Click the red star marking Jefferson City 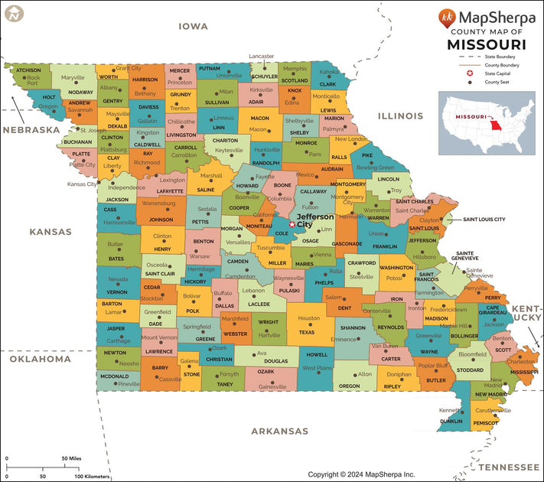tap(292, 224)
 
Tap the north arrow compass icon tap(13, 13)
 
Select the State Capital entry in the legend tap(499, 73)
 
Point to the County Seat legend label tap(497, 82)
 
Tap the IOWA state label tap(193, 27)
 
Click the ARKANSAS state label tap(280, 431)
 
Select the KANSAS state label tap(50, 231)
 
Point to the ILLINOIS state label tap(399, 116)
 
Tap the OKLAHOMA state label tap(40, 359)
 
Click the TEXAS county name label tap(306, 332)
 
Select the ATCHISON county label tap(29, 70)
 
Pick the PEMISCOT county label tap(486, 422)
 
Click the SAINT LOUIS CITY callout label tap(484, 220)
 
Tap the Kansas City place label tap(82, 184)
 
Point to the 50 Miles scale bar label tap(71, 458)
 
